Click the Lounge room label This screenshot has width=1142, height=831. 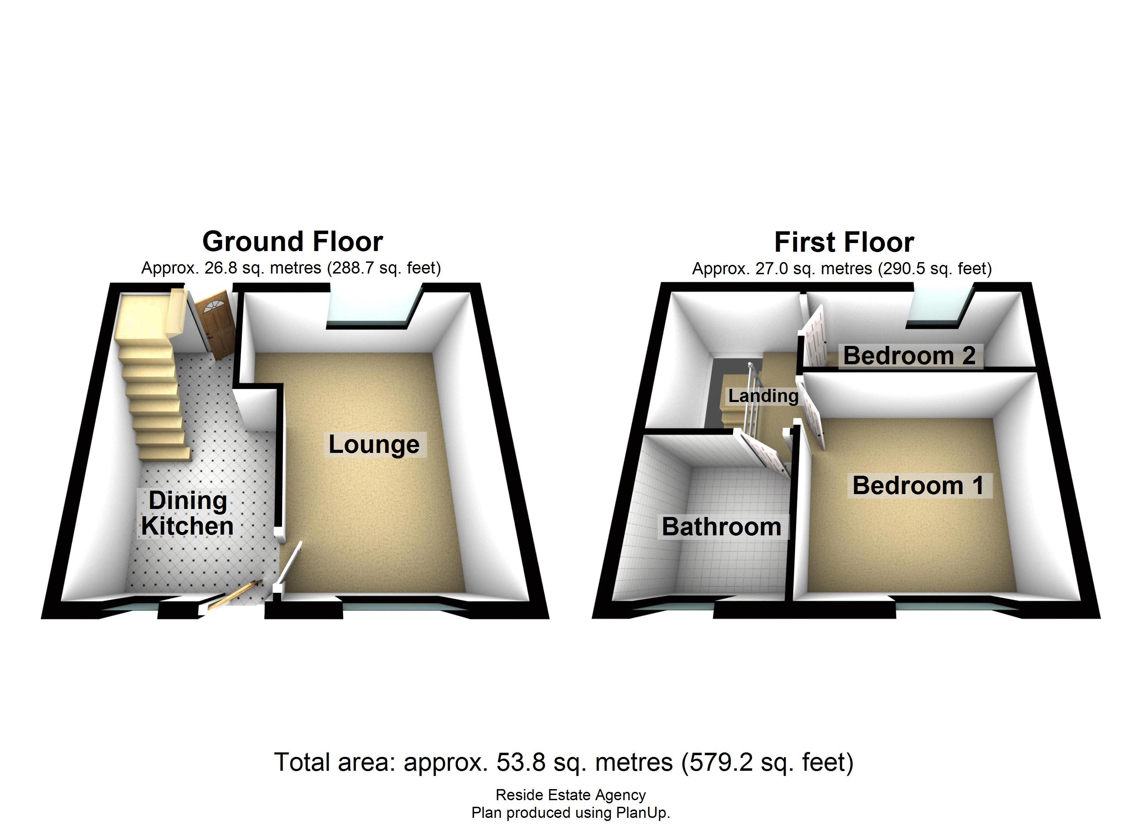(374, 445)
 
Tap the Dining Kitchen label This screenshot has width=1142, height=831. (187, 513)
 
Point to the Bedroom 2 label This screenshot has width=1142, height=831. (909, 356)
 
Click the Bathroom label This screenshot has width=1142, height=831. (721, 527)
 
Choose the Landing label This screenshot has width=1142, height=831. (763, 396)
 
